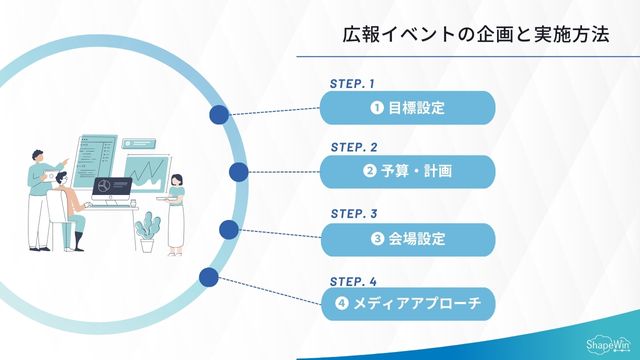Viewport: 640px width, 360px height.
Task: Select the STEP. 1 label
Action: pos(352,83)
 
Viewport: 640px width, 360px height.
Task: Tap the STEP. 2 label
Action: pos(353,147)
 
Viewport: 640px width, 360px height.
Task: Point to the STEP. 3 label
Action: pos(353,213)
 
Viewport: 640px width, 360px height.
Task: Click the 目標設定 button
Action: pos(407,107)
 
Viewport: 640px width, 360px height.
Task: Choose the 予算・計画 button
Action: pos(407,172)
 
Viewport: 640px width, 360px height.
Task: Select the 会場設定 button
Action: pos(407,239)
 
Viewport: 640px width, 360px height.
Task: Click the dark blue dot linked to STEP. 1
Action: pos(219,115)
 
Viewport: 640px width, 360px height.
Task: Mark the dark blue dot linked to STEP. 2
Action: pos(238,172)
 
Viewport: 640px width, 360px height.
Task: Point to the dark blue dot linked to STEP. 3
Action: pos(228,230)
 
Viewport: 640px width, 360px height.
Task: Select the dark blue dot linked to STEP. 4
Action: pos(208,277)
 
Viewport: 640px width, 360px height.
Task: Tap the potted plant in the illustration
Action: pos(149,231)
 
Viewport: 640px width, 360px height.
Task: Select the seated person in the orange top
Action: pos(63,200)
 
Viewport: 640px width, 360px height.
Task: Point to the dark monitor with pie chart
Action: pos(111,188)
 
